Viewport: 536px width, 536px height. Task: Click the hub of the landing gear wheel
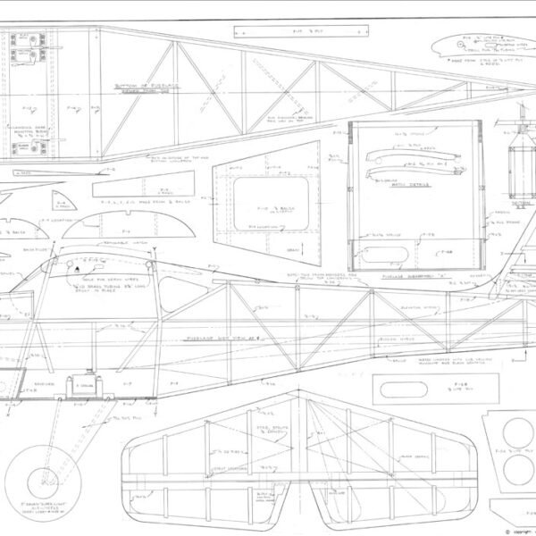38,487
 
